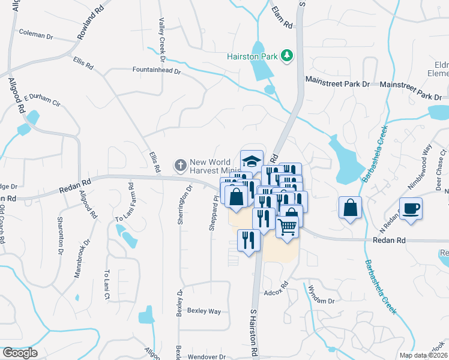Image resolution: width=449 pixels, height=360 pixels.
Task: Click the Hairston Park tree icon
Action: point(287,56)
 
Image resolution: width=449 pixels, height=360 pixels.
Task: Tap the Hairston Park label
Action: point(252,56)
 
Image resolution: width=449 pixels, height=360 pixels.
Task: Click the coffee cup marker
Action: point(411,209)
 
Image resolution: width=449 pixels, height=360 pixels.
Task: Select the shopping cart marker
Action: point(288,226)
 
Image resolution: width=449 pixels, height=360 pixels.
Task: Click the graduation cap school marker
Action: point(252,161)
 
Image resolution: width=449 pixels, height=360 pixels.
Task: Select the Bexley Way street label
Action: point(204,311)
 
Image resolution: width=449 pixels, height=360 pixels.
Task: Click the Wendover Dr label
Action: point(205,356)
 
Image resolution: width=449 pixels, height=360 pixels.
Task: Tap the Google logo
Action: point(20,352)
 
